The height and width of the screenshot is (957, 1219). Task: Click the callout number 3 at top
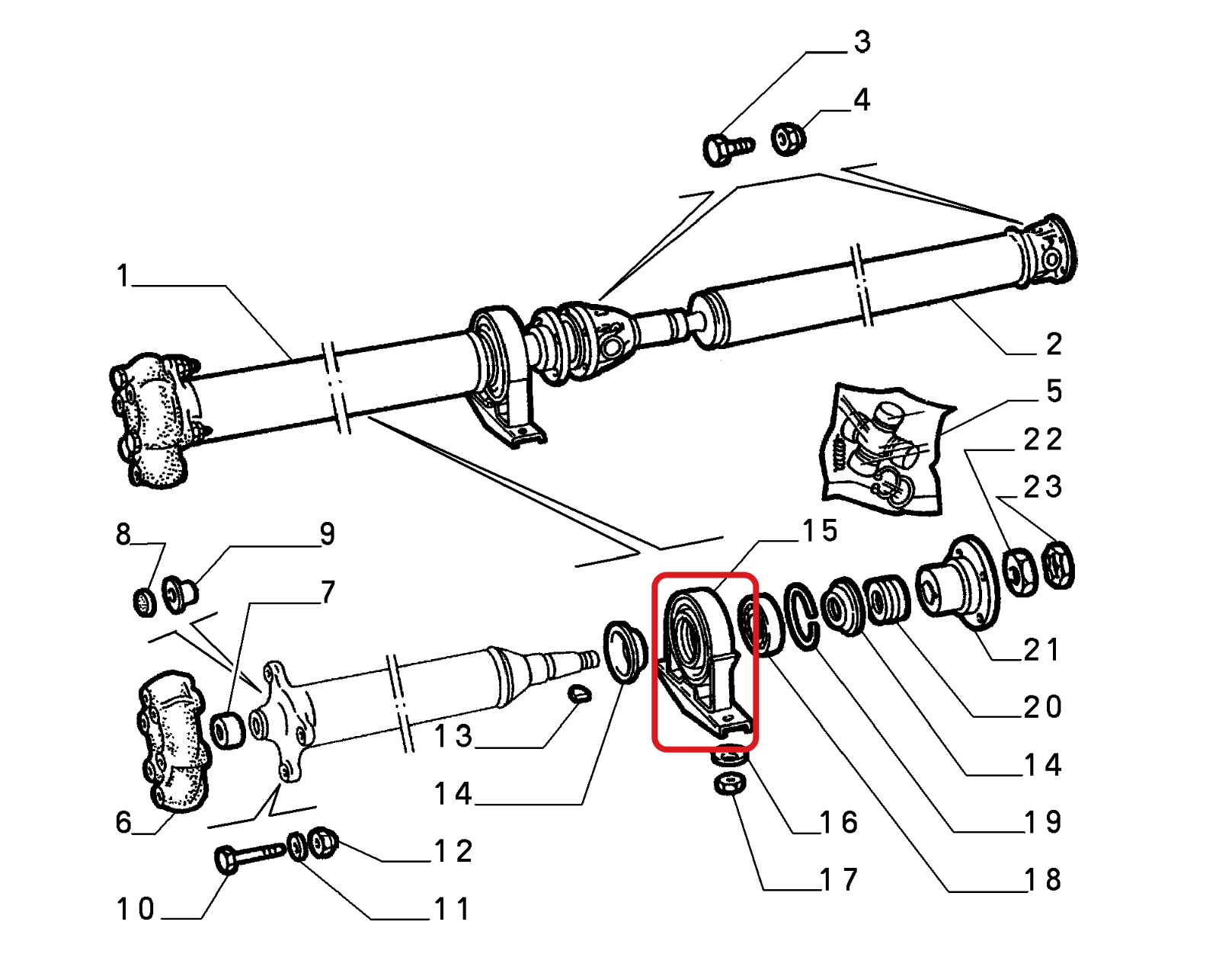[x=862, y=42]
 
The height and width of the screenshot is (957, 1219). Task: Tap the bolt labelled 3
[x=725, y=148]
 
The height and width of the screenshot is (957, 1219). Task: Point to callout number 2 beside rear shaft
[x=1054, y=344]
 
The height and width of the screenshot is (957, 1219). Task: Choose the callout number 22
[x=1042, y=440]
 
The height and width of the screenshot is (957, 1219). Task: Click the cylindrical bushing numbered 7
[x=227, y=730]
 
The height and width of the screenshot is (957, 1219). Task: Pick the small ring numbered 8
[x=145, y=603]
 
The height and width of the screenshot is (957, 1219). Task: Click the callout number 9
[x=327, y=534]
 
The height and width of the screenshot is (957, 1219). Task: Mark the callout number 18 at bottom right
[x=1042, y=880]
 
